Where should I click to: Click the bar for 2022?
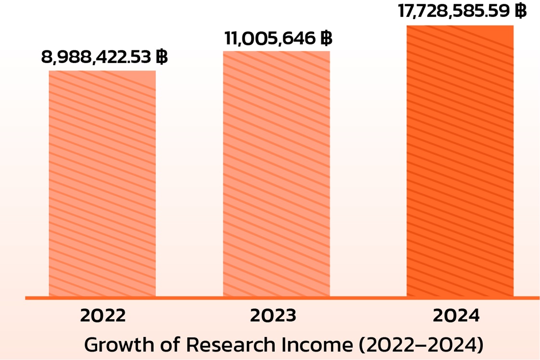pyautogui.click(x=102, y=183)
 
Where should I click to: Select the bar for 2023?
pyautogui.click(x=276, y=174)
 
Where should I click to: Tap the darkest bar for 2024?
pyautogui.click(x=460, y=161)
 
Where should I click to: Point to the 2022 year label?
pyautogui.click(x=103, y=316)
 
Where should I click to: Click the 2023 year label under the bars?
pyautogui.click(x=273, y=316)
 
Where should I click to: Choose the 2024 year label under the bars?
pyautogui.click(x=456, y=316)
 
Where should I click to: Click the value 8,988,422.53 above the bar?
pyautogui.click(x=97, y=58)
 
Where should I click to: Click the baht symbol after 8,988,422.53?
pyautogui.click(x=162, y=58)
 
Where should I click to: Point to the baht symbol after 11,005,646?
pyautogui.click(x=326, y=38)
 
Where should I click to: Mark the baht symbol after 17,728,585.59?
pyautogui.click(x=520, y=11)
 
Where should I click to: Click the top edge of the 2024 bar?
pyautogui.click(x=460, y=25)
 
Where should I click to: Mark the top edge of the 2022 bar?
pyautogui.click(x=102, y=71)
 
